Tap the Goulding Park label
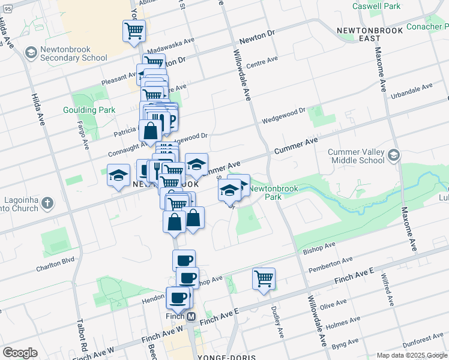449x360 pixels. [88, 110]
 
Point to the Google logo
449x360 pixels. [20, 353]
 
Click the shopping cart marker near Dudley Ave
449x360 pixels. [264, 279]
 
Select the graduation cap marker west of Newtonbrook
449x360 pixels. [118, 176]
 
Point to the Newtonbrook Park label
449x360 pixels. [265, 192]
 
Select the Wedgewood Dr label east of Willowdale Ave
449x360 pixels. [283, 116]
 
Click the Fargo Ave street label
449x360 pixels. [85, 135]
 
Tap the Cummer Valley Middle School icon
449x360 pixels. [394, 155]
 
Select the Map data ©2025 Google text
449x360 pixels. [412, 355]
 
